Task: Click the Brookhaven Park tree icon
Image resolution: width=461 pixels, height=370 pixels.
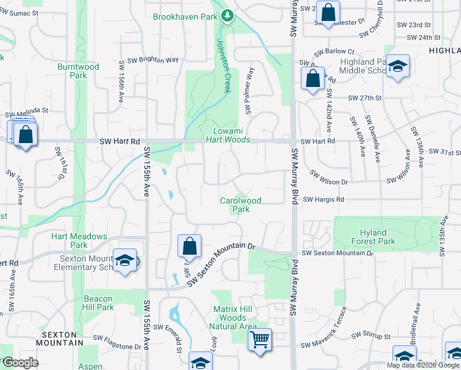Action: point(227,16)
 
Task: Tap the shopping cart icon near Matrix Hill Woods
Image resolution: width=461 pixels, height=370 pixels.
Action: point(259,339)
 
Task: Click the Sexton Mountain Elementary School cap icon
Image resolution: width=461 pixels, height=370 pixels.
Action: point(124,261)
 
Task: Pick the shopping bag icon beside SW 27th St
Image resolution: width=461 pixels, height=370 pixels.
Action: point(312,78)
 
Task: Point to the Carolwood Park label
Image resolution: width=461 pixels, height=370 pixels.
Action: point(241,205)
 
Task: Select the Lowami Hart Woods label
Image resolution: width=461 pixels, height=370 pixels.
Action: point(232,136)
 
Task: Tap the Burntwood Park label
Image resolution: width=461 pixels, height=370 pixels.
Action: point(78,70)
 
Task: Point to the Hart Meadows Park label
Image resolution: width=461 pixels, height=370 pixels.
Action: point(79,241)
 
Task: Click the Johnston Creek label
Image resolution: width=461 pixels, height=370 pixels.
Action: point(223,66)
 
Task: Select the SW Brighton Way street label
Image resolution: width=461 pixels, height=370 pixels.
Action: point(153,60)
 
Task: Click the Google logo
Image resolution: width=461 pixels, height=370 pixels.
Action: point(20,363)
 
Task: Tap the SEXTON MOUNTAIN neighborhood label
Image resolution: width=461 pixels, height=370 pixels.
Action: point(60,338)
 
